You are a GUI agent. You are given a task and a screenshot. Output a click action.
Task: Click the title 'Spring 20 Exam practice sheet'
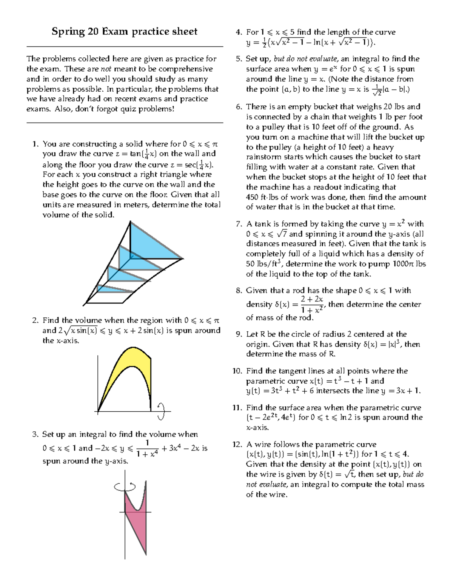click(x=124, y=31)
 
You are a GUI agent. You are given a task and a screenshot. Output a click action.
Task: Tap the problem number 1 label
click(x=35, y=144)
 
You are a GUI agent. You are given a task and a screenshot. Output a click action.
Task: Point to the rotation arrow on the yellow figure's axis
click(x=162, y=411)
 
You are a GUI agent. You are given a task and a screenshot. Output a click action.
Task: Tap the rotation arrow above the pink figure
click(x=125, y=487)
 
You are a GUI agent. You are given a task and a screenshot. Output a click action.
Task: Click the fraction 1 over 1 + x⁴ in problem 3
click(x=147, y=448)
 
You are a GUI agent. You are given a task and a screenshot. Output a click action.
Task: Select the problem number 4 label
click(x=238, y=32)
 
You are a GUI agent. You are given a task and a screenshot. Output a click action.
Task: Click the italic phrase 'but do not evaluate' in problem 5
click(x=306, y=59)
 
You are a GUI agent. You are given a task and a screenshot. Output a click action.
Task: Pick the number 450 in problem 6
click(x=253, y=197)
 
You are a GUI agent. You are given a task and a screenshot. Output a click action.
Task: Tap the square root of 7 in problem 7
click(x=282, y=234)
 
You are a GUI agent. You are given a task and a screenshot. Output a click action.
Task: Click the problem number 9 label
click(x=238, y=334)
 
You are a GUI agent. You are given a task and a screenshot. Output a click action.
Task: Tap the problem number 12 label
click(x=237, y=444)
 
